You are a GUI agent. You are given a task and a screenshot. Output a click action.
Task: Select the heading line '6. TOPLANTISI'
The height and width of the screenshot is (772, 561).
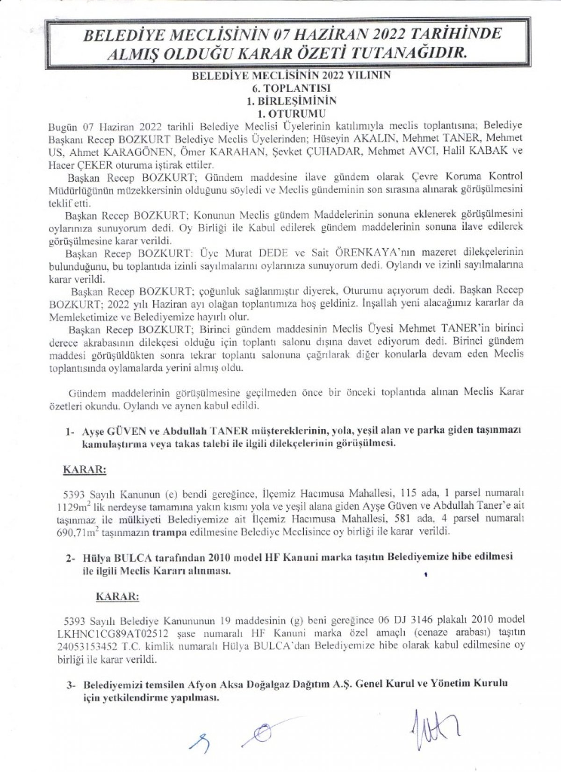(287, 89)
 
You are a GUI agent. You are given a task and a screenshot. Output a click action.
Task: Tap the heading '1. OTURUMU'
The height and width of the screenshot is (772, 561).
(287, 113)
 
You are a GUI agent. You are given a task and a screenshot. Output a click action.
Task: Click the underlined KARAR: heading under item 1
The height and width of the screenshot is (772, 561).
(85, 469)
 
